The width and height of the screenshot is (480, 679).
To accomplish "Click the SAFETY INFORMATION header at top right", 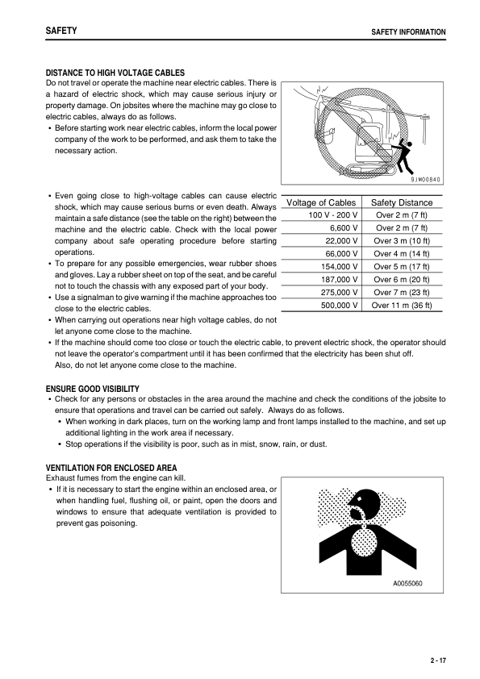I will click(x=407, y=32).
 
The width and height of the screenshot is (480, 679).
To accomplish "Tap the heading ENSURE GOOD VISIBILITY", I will click(x=94, y=388).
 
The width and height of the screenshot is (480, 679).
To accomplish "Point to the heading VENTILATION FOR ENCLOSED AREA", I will click(x=111, y=468).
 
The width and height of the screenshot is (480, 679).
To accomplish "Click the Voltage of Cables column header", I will click(x=321, y=202).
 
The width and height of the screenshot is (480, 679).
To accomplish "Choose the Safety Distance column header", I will click(x=401, y=202).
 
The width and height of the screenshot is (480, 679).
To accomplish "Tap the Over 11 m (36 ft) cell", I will click(x=401, y=305).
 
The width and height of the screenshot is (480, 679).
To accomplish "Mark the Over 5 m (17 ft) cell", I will click(x=401, y=266).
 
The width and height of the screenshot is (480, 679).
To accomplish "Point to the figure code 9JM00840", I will click(x=421, y=180).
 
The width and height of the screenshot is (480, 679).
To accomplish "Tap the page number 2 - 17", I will click(x=438, y=660).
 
